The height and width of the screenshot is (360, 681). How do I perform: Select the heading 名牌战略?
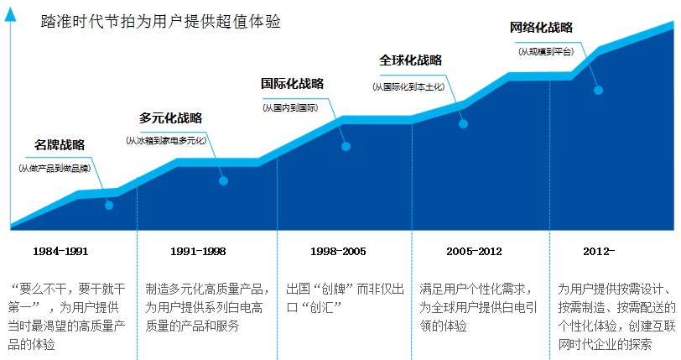(60, 145)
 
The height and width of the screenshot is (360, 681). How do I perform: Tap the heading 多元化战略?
(171, 118)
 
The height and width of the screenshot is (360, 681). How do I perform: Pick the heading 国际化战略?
(292, 84)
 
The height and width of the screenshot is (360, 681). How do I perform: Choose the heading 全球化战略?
(410, 60)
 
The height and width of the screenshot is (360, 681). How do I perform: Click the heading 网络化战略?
(541, 28)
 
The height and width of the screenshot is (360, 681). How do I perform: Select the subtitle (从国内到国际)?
(290, 107)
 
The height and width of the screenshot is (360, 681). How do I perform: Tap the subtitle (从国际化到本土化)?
(410, 86)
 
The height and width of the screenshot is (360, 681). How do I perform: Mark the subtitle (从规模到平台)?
(546, 51)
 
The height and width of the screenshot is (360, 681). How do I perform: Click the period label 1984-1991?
(60, 251)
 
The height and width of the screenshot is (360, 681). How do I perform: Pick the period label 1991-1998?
(198, 251)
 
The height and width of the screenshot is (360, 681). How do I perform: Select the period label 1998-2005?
(338, 251)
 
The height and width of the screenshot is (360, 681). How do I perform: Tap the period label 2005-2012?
(474, 251)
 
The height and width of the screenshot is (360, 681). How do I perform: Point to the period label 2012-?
(599, 251)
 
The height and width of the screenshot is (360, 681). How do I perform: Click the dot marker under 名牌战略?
(109, 205)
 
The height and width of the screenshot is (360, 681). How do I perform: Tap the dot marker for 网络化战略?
(598, 90)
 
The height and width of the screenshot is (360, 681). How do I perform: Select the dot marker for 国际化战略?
(346, 146)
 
